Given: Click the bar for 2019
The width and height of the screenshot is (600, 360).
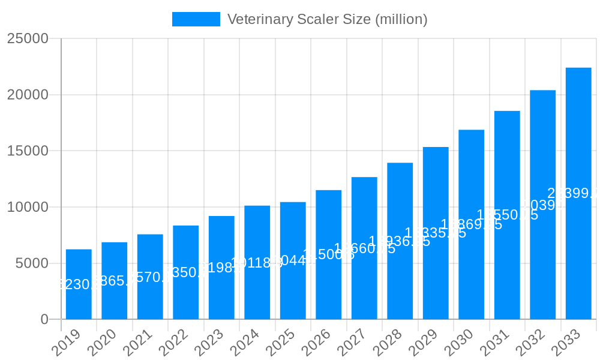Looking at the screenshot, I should [x=79, y=284].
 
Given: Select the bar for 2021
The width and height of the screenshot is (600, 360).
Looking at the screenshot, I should [x=150, y=277].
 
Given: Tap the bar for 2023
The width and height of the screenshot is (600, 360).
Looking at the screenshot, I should [x=221, y=268].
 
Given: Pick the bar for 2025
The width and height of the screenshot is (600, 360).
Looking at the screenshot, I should [x=293, y=260].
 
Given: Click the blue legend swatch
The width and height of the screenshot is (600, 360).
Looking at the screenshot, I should [x=196, y=19].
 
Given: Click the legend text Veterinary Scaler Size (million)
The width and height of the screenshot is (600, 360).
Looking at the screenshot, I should [x=327, y=19].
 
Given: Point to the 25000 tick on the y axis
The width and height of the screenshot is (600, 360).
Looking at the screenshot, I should [x=28, y=38].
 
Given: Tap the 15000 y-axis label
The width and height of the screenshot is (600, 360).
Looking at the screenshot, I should [x=28, y=151].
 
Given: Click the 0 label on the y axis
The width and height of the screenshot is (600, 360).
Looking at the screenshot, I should [x=44, y=320].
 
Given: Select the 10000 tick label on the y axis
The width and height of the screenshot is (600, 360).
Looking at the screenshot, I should [x=28, y=207].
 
